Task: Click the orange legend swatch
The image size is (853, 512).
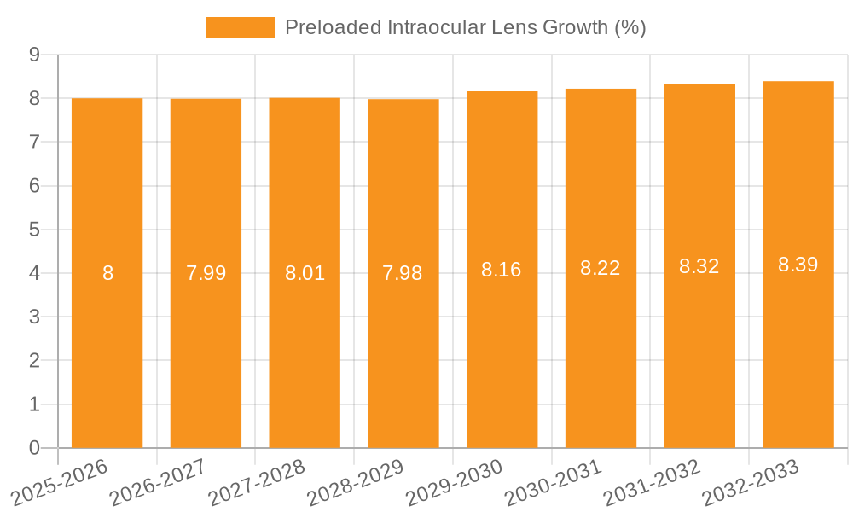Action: (240, 27)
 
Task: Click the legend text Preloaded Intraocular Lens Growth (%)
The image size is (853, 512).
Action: (465, 27)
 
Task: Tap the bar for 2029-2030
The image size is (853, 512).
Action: (502, 341)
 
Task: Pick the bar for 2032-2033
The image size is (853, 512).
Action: (798, 341)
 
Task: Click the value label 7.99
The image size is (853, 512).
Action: (206, 273)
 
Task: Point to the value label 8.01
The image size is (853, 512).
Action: (305, 273)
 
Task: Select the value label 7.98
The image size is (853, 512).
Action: (403, 273)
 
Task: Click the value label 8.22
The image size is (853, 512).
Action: (601, 268)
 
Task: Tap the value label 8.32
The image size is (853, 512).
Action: (699, 266)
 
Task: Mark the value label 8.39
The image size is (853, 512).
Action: (798, 265)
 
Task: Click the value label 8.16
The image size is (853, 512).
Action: (502, 270)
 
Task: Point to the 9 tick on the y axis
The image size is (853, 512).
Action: (35, 55)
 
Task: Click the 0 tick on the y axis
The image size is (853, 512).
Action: (35, 448)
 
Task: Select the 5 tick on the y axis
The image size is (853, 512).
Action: (35, 230)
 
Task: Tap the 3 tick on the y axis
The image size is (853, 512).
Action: (35, 317)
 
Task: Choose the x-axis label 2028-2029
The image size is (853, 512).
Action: (355, 482)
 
